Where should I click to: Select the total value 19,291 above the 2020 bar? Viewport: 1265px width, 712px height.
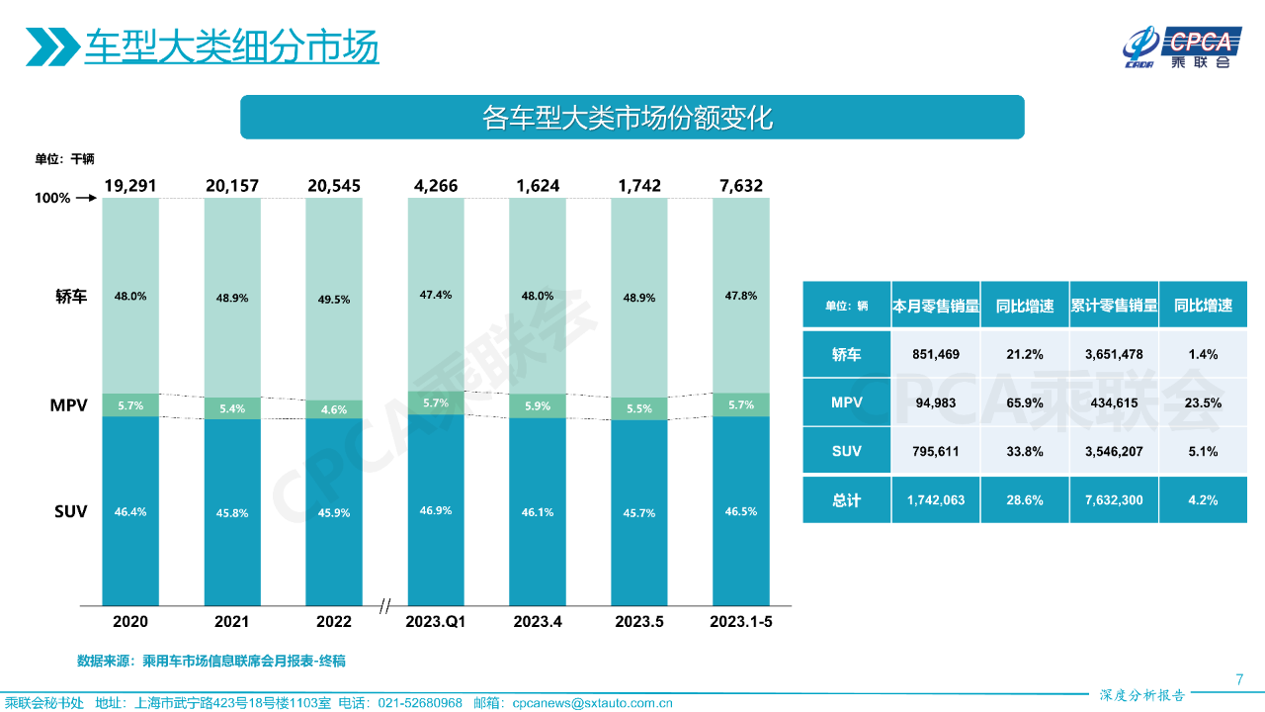[130, 186]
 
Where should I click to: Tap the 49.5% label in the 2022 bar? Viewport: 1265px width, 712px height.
[334, 300]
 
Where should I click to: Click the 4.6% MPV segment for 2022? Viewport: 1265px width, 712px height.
[334, 409]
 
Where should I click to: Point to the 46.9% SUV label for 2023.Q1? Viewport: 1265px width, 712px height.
[436, 511]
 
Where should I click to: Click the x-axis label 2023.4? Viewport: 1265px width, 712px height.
[538, 622]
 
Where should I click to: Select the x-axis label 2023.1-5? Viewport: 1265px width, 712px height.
[741, 622]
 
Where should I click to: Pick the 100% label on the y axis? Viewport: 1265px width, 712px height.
[52, 198]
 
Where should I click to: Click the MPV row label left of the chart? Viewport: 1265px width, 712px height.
[69, 405]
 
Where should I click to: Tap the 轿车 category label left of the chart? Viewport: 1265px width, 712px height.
[72, 297]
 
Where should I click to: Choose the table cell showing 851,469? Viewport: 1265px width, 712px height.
[935, 354]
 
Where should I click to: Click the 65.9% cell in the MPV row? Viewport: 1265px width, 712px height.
[1024, 402]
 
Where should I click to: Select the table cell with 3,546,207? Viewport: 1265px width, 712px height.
[1114, 451]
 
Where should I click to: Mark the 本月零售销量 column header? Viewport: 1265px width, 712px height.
[935, 306]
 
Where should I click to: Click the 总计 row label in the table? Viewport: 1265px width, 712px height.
[846, 500]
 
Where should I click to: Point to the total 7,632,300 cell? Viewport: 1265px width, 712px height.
[1114, 500]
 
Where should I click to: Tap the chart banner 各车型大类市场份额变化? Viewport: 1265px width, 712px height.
[632, 118]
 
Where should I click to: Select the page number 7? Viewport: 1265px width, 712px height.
[1239, 678]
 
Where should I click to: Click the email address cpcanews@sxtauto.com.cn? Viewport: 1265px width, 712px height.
[592, 703]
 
